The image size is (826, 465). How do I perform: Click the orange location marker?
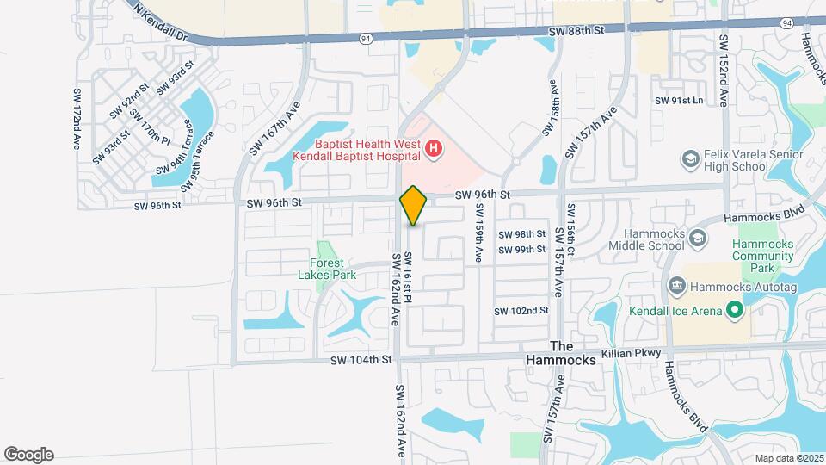[414, 206]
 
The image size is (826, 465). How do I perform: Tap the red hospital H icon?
[434, 150]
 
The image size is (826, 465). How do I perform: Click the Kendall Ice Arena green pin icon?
[734, 308]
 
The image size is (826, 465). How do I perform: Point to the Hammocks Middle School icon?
[697, 238]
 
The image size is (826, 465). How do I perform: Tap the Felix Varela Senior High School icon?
[689, 159]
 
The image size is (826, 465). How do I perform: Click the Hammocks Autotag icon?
[676, 285]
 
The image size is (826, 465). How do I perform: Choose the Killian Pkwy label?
[632, 354]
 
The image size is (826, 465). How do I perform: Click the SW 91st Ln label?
[679, 101]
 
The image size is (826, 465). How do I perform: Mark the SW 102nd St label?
[521, 311]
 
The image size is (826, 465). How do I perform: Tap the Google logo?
[28, 455]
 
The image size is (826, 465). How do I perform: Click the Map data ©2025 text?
[786, 458]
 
